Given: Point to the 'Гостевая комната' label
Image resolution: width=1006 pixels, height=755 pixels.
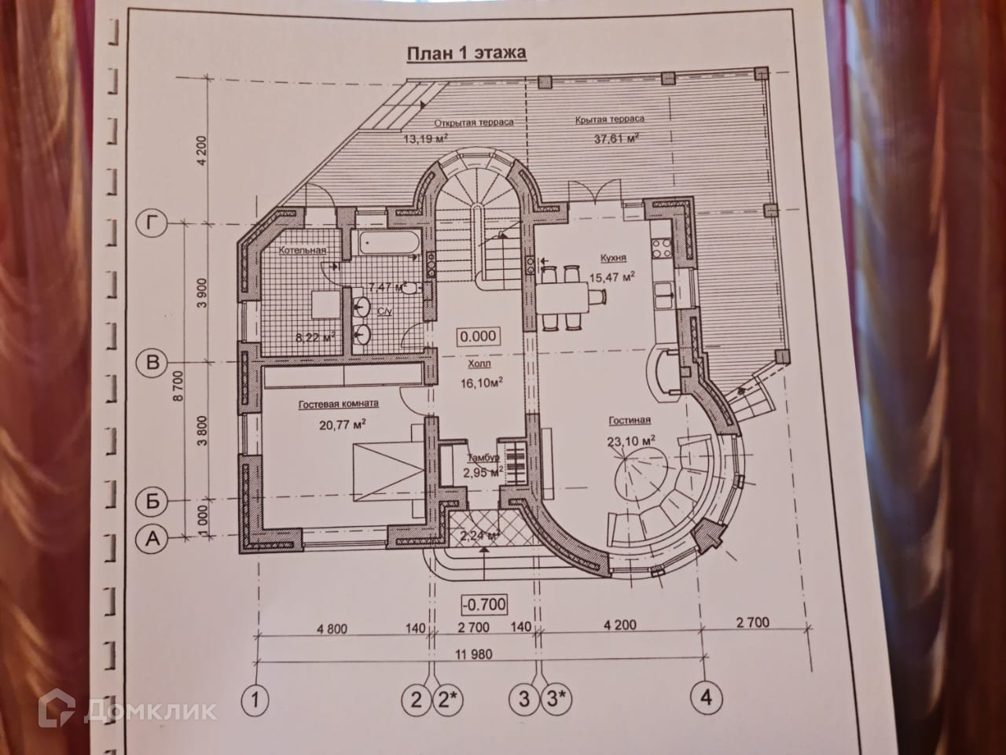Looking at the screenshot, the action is coord(339,403).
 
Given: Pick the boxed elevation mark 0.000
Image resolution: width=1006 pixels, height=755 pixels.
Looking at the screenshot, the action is coord(478,336).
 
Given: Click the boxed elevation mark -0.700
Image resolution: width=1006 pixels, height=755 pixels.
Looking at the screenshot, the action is coord(483,604).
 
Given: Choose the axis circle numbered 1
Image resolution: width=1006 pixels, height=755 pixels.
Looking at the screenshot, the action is coord(255,698).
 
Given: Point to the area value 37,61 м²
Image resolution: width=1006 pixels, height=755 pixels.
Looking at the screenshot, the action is coord(616,138).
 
